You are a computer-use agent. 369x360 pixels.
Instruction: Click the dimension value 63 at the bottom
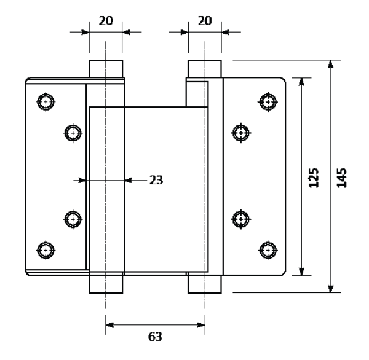pos(155,337)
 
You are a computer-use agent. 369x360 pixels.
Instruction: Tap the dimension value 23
pos(156,181)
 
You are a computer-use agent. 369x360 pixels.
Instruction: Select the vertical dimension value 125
pos(314,178)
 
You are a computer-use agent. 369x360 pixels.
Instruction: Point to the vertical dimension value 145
pos(342,178)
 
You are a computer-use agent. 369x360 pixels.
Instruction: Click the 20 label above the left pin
pos(106,21)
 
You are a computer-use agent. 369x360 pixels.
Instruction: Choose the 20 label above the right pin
pos(205,21)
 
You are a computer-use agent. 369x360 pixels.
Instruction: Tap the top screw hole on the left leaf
pos(46,102)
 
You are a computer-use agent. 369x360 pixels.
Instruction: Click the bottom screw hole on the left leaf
pos(46,250)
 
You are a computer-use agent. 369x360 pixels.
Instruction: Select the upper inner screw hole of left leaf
pos(73,133)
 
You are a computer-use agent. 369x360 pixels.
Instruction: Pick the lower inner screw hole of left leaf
pos(73,219)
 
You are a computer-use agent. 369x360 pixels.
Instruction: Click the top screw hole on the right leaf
pos(268,102)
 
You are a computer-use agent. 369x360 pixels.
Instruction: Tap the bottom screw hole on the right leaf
pos(268,250)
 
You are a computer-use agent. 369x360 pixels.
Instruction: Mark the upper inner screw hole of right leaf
pos(240,133)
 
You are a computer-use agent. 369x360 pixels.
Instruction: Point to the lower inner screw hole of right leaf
pos(240,219)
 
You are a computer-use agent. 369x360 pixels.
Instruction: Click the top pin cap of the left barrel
pos(106,69)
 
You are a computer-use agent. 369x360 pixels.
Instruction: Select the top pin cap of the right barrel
pos(205,69)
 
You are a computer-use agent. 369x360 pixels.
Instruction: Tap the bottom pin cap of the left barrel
pos(106,283)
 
